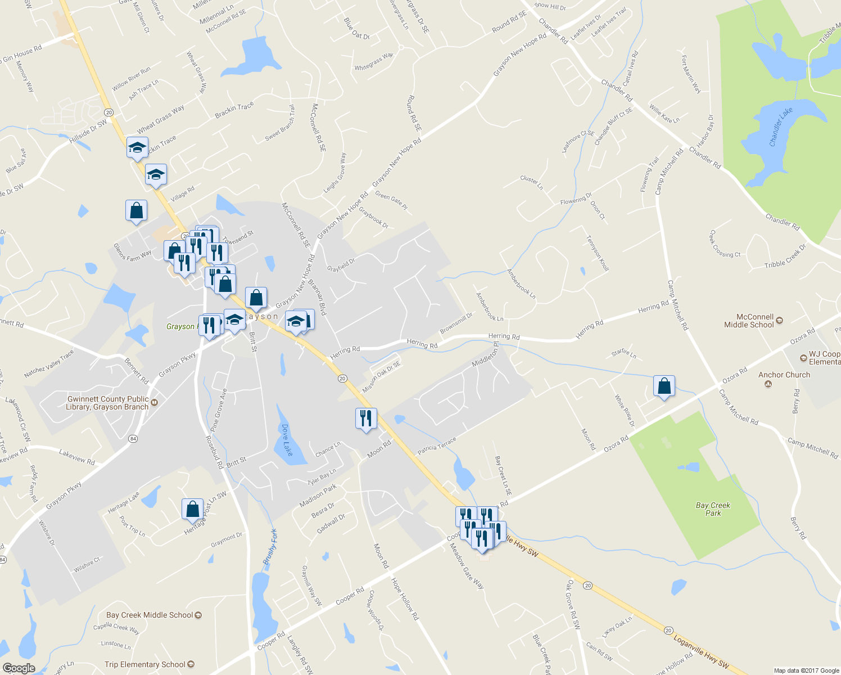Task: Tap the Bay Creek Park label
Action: [713, 509]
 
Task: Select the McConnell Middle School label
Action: [749, 321]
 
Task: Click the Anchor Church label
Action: [784, 375]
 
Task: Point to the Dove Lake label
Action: [287, 440]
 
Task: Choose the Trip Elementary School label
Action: [145, 664]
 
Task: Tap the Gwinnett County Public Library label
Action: [107, 403]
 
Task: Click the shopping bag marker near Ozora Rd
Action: [664, 386]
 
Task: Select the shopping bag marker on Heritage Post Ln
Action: [192, 509]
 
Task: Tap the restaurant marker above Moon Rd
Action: [366, 418]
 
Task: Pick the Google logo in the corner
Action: [19, 668]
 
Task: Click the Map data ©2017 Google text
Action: [806, 670]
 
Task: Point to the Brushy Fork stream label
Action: [270, 547]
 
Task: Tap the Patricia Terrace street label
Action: [436, 447]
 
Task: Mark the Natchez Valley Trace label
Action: [49, 364]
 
